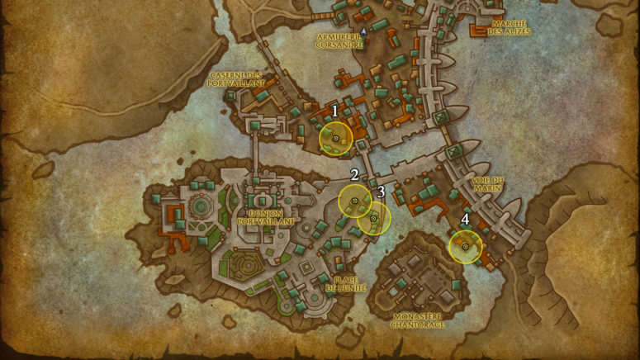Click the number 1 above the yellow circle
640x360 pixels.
point(335,110)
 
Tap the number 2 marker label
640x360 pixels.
point(354,175)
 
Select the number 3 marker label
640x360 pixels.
point(381,192)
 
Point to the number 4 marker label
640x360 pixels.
point(466,220)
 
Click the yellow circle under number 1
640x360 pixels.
point(336,139)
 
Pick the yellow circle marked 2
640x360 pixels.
point(355,201)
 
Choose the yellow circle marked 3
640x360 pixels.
point(374,219)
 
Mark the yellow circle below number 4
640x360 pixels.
point(466,247)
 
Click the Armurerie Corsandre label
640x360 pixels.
point(339,41)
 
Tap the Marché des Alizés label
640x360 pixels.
point(510,28)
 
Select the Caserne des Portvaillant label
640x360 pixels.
point(237,78)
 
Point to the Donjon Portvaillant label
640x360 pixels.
point(265,217)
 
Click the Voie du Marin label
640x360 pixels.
point(487,183)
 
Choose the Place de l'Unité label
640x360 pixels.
point(346,283)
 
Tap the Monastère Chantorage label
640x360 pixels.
point(419,320)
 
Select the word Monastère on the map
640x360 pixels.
point(419,316)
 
